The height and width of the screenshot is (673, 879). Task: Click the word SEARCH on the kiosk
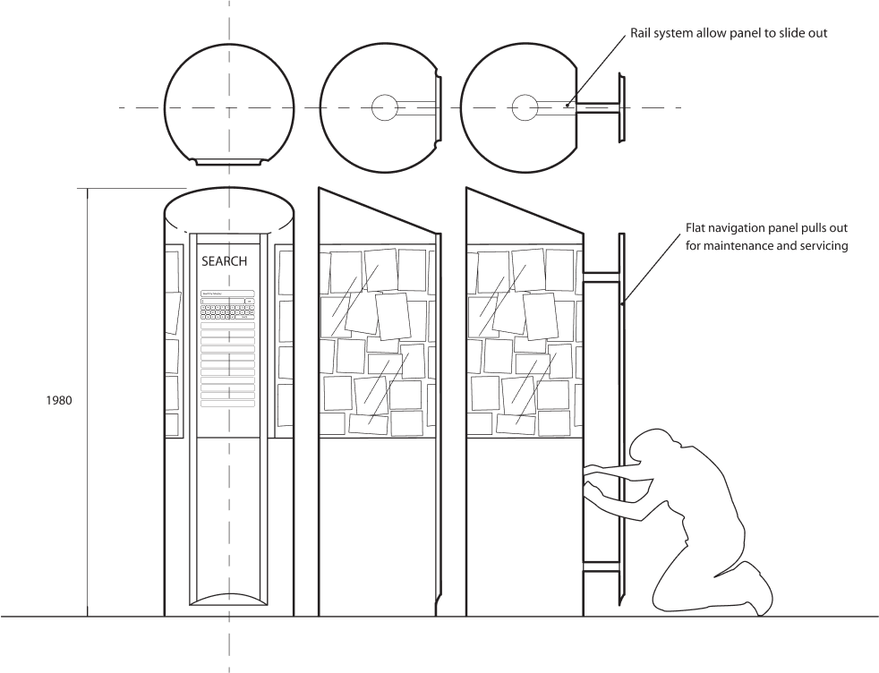pyautogui.click(x=224, y=261)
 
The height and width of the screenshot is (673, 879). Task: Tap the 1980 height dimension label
pyautogui.click(x=58, y=400)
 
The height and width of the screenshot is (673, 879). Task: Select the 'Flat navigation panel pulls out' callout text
pyautogui.click(x=765, y=237)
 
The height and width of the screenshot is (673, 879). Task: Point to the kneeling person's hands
pyautogui.click(x=592, y=478)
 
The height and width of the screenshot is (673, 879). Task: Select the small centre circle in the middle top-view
pyautogui.click(x=385, y=107)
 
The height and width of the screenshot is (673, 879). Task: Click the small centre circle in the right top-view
pyautogui.click(x=525, y=107)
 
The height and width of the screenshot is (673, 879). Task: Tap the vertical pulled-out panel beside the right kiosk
pyautogui.click(x=619, y=421)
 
